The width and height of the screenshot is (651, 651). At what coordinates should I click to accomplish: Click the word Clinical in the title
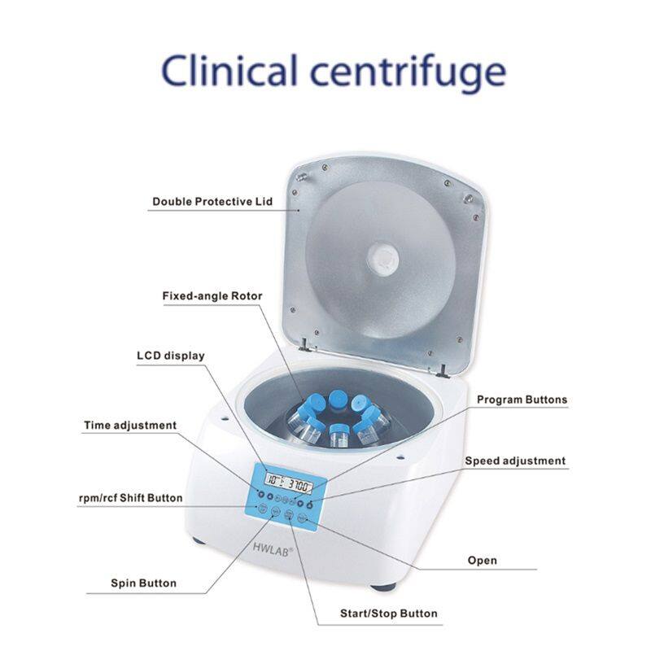231,72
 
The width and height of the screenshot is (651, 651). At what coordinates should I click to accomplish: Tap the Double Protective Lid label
212,201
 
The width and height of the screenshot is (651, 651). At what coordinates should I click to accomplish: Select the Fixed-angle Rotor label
212,296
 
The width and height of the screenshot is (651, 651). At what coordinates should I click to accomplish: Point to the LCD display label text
170,356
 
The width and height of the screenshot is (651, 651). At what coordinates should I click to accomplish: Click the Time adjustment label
130,425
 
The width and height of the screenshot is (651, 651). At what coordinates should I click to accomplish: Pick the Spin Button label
143,583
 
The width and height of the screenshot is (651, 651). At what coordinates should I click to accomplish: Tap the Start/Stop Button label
388,614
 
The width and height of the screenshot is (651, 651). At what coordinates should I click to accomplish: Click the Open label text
482,560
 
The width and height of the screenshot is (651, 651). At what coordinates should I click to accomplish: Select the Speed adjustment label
514,461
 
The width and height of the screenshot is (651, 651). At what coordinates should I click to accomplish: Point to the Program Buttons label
522,400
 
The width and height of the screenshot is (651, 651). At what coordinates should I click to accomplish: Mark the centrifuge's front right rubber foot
383,585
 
